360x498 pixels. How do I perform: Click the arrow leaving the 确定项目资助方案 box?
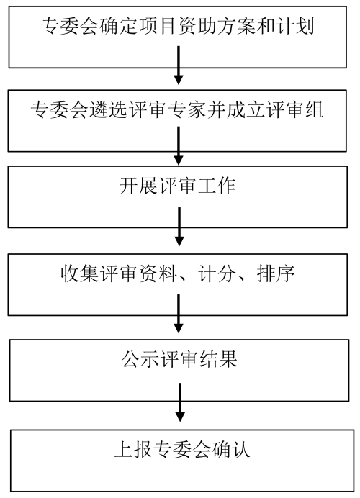[x=179, y=65]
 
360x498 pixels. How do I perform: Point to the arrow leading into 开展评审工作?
[x=179, y=146]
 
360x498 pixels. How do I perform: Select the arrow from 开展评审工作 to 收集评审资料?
[x=179, y=227]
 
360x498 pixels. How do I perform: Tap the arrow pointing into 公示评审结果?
[x=179, y=314]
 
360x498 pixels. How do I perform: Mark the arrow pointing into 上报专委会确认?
[x=180, y=402]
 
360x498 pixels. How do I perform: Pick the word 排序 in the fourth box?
[x=276, y=273]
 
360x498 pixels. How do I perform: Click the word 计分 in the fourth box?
[x=217, y=273]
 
